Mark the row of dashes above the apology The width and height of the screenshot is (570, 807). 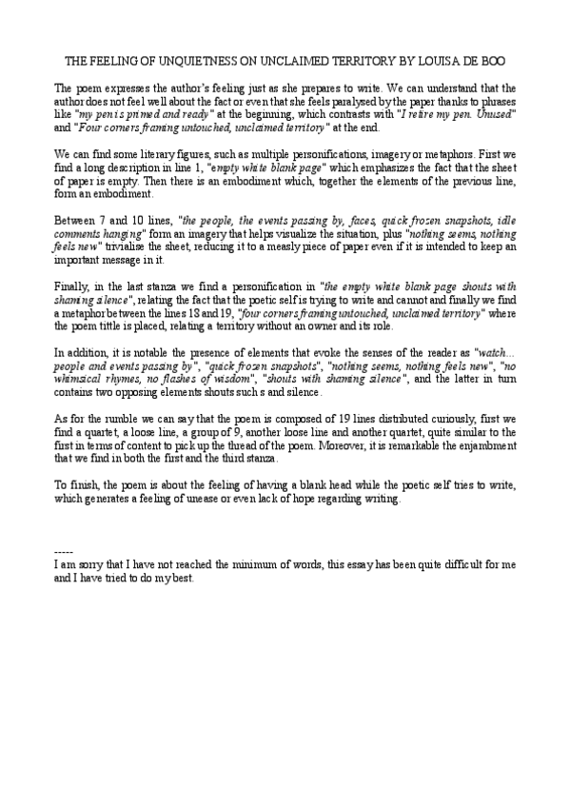click(x=64, y=552)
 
